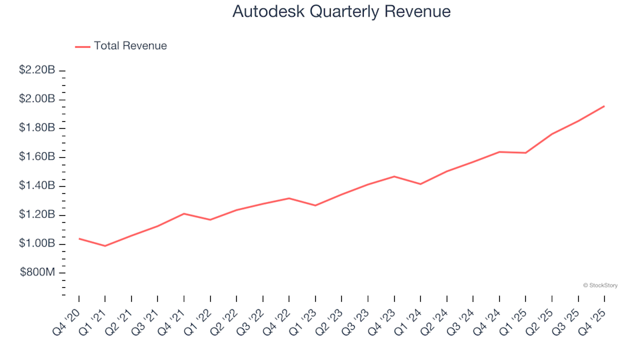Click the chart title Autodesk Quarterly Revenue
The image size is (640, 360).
341,11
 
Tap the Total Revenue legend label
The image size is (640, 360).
130,46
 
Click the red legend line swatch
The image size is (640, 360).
83,47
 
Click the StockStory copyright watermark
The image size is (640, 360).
600,285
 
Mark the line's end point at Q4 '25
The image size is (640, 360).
604,106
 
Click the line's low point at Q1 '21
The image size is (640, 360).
105,246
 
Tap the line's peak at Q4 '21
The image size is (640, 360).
184,213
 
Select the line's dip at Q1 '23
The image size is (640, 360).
315,205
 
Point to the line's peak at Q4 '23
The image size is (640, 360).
394,177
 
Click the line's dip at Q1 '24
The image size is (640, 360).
420,184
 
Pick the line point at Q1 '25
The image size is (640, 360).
525,153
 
